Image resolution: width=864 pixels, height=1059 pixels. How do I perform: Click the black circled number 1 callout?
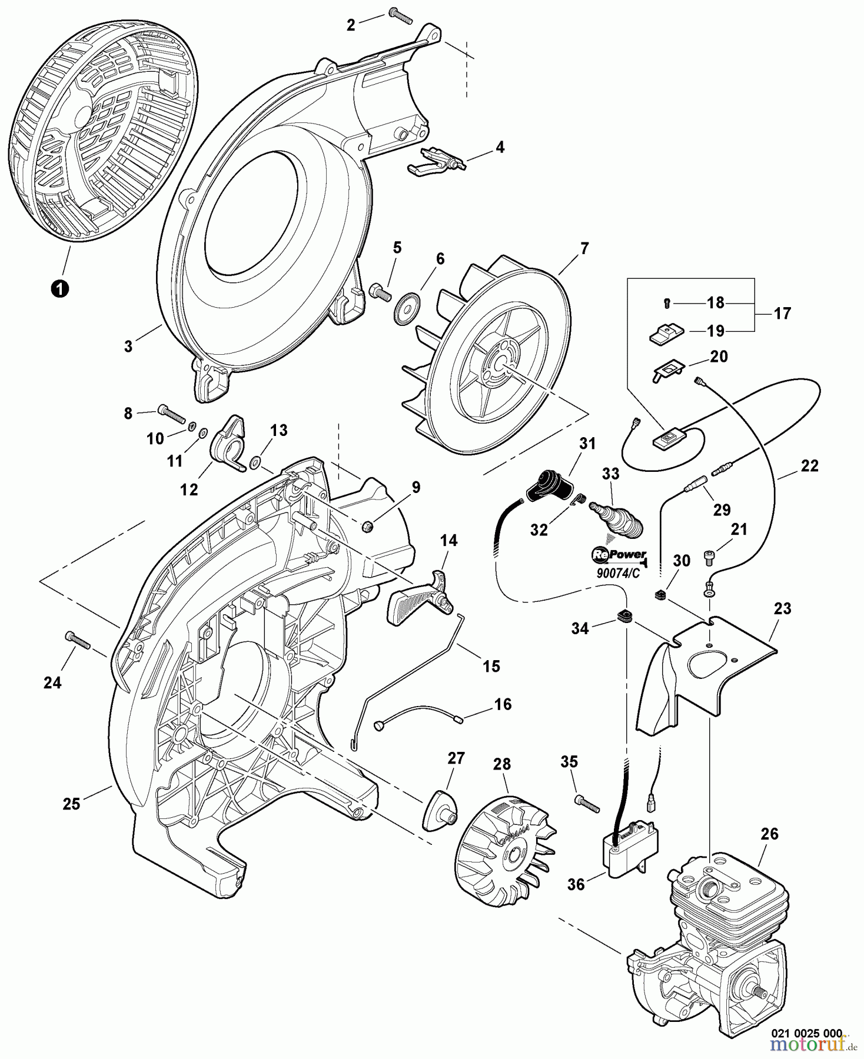pyautogui.click(x=59, y=288)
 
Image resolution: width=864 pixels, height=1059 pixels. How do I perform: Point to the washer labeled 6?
pyautogui.click(x=406, y=308)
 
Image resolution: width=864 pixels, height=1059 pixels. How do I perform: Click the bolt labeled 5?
pyautogui.click(x=380, y=291)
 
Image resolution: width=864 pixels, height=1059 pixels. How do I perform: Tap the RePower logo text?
pyautogui.click(x=619, y=555)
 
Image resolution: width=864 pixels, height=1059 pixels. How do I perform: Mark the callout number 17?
pyautogui.click(x=782, y=313)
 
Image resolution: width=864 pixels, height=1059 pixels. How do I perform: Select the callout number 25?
pyautogui.click(x=71, y=803)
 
